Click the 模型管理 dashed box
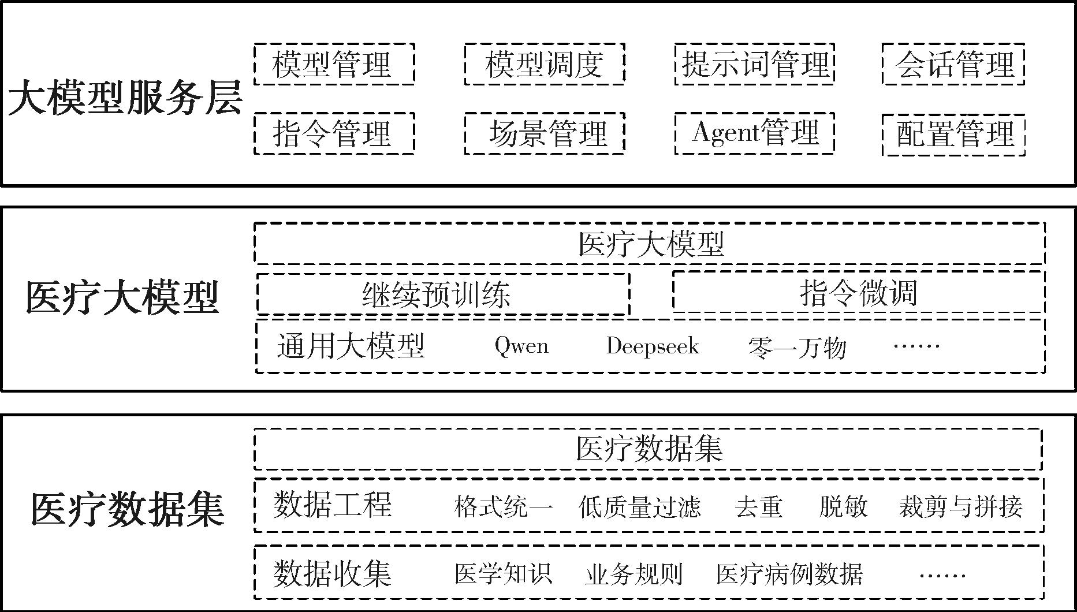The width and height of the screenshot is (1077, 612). click(x=334, y=64)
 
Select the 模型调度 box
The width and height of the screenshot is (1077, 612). click(x=544, y=64)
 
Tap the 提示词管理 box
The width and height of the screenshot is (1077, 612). click(x=754, y=64)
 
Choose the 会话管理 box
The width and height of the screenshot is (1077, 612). click(x=953, y=64)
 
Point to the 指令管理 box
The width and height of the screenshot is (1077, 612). click(x=334, y=133)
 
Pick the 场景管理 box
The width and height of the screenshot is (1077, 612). click(x=544, y=133)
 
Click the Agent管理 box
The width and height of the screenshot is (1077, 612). click(x=754, y=133)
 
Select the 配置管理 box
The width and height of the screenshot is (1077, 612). click(x=953, y=135)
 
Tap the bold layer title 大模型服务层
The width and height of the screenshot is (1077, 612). click(x=125, y=99)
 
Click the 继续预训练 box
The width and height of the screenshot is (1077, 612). click(x=442, y=294)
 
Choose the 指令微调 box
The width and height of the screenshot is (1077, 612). click(x=858, y=292)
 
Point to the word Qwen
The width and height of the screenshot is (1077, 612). click(x=521, y=346)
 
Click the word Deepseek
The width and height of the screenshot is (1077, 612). click(x=653, y=346)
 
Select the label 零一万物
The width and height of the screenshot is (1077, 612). click(x=797, y=348)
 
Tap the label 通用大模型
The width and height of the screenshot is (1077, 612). click(x=351, y=346)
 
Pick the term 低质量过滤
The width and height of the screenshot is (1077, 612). click(x=640, y=507)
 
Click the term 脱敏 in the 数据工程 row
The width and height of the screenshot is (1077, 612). click(x=843, y=507)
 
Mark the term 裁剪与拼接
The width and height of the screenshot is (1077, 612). click(x=960, y=507)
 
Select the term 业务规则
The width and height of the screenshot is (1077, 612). click(x=633, y=574)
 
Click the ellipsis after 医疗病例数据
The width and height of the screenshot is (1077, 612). click(x=942, y=575)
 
